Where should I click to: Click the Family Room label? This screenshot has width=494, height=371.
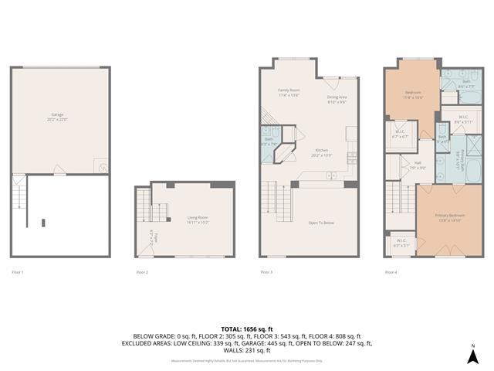289,92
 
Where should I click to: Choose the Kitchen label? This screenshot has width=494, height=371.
322,152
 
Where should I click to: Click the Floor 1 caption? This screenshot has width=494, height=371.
18,272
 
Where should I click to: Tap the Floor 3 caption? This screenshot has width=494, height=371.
266,272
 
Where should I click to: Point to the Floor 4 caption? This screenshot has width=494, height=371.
391,272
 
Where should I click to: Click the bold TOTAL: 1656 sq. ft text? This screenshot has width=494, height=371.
247,328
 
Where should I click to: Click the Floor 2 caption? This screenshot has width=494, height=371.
142,272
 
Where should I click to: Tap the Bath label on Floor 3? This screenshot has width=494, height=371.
267,141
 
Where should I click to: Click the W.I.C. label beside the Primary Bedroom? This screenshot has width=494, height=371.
401,241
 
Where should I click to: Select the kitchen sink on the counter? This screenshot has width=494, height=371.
330,176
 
